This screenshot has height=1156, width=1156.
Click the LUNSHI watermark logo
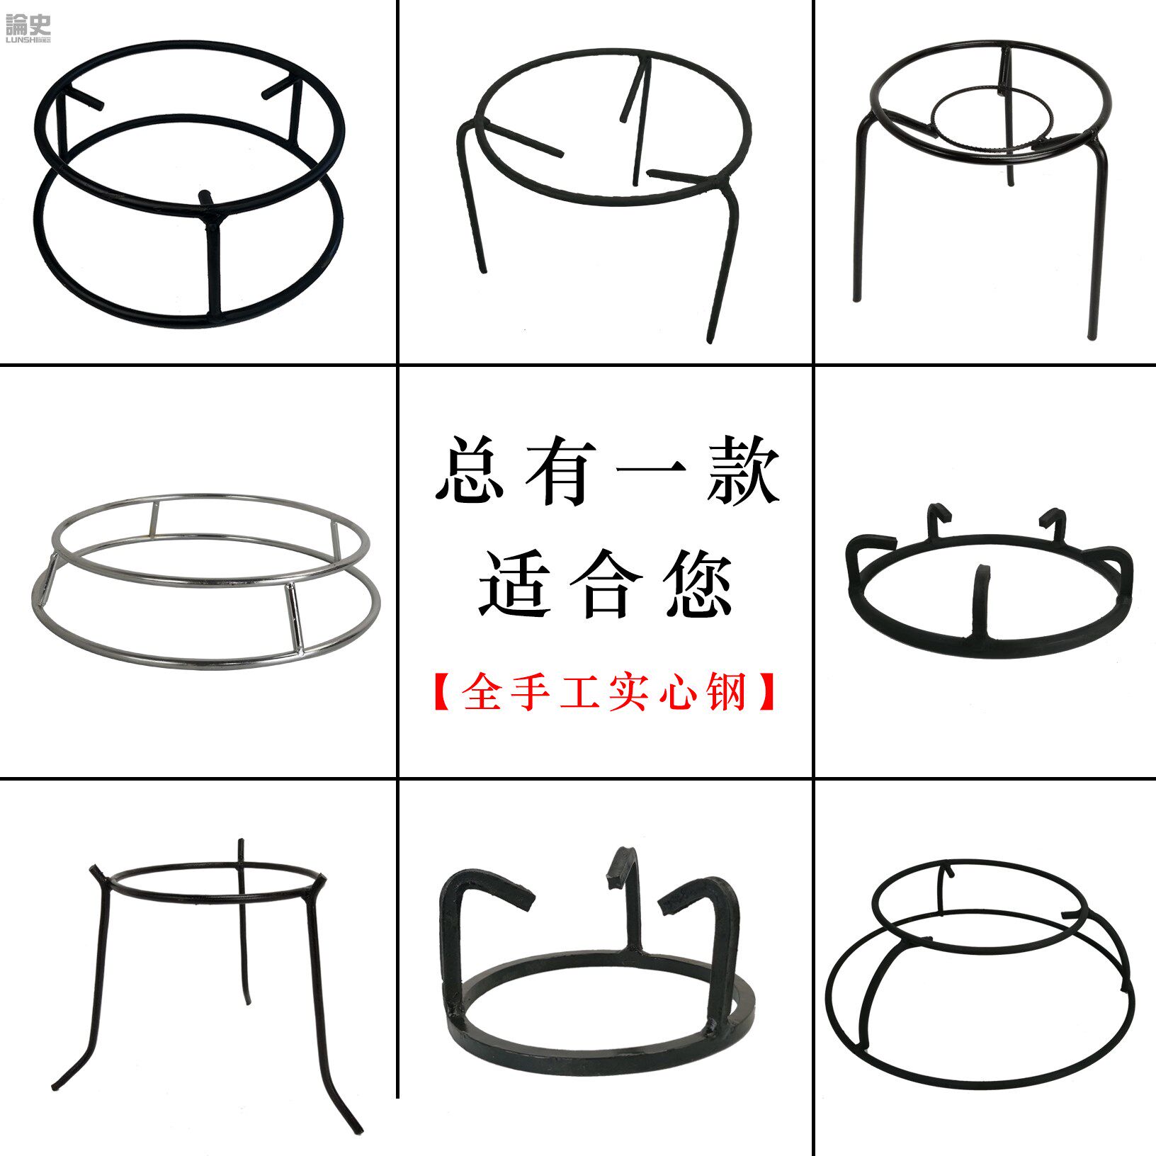pos(28,29)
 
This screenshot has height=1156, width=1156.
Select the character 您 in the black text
pos(698,584)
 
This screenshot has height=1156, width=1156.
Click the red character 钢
pos(727,691)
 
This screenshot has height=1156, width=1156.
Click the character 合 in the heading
pos(606,584)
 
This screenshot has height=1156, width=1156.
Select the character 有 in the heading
pos(560,470)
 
